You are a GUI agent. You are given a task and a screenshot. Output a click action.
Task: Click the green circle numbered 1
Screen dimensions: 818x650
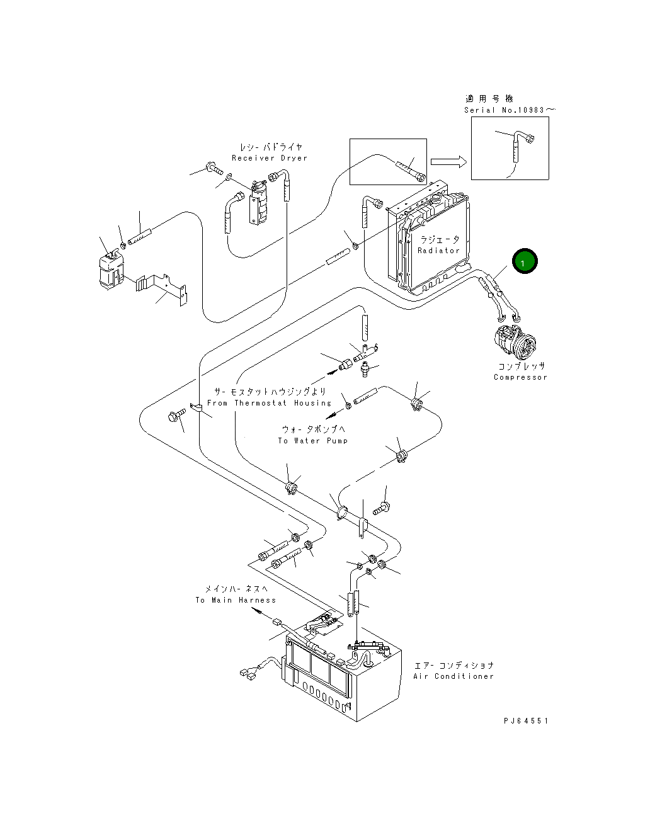coord(525,261)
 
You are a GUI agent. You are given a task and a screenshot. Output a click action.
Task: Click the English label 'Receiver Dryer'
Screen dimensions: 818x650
coord(270,158)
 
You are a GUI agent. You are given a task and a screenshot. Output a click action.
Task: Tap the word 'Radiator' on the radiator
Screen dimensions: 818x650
coord(438,251)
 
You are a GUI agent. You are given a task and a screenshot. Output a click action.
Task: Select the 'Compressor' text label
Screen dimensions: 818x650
coord(520,377)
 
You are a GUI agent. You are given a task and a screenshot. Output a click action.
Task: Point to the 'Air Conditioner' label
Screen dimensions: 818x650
coord(453,676)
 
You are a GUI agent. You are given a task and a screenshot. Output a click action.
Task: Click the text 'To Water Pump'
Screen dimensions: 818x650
coord(313,441)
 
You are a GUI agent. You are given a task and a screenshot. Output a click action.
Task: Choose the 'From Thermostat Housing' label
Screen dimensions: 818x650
coord(269,403)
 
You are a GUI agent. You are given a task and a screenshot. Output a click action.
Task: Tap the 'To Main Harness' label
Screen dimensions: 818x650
coord(236,600)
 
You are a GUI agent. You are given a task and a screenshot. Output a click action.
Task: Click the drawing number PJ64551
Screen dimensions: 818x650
coord(526,721)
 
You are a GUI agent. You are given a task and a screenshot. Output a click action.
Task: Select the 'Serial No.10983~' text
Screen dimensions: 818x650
coord(510,110)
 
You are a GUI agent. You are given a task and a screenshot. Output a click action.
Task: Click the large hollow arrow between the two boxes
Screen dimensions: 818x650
coord(448,162)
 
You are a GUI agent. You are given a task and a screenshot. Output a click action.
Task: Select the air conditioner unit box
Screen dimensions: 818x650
coord(343,680)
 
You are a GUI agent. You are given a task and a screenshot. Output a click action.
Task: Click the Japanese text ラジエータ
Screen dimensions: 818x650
coord(440,240)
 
